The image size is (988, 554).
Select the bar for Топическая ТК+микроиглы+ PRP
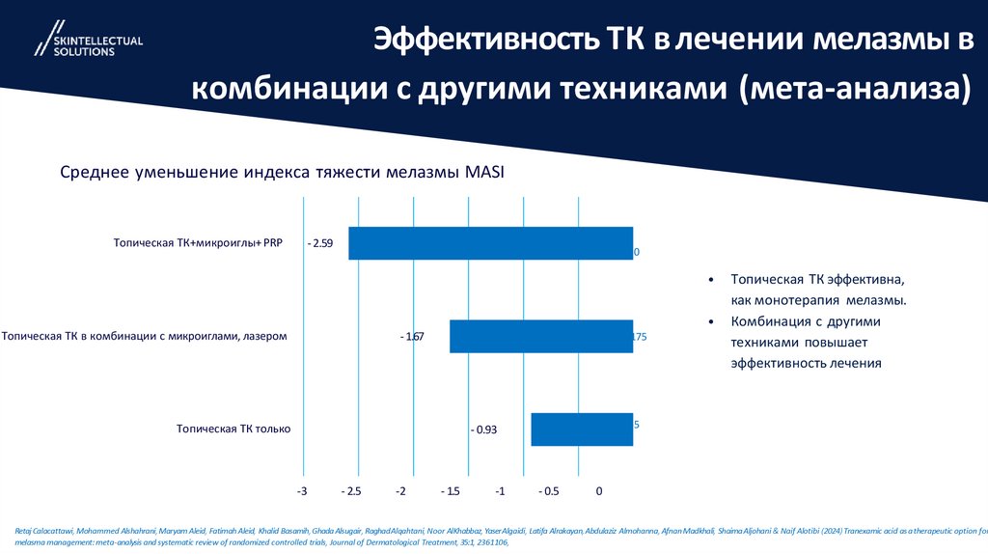pyautogui.click(x=490, y=243)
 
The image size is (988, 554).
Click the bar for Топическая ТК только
pyautogui.click(x=582, y=429)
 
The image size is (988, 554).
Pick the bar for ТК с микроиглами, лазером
pyautogui.click(x=540, y=336)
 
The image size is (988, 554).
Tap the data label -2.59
pyautogui.click(x=319, y=244)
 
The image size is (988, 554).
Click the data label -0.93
pyautogui.click(x=483, y=429)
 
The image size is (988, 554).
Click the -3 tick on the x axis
pyautogui.click(x=302, y=491)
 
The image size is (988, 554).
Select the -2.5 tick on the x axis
pyautogui.click(x=353, y=491)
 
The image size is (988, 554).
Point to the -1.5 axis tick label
pyautogui.click(x=449, y=491)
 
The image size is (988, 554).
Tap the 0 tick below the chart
pyautogui.click(x=599, y=491)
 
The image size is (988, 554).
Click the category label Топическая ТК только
pyautogui.click(x=233, y=429)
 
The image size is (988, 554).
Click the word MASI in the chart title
pyautogui.click(x=484, y=173)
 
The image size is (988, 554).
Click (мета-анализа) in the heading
pyautogui.click(x=854, y=89)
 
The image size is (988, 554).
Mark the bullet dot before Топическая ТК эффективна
pyautogui.click(x=711, y=280)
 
